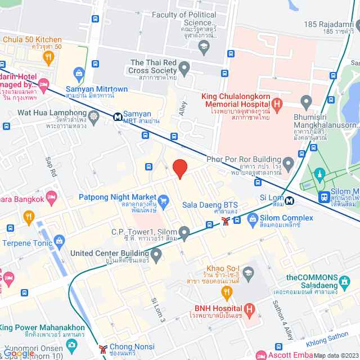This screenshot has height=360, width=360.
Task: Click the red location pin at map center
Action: pyautogui.click(x=179, y=168)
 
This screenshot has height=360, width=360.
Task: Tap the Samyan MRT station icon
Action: pyautogui.click(x=118, y=117)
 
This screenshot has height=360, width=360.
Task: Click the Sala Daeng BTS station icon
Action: pyautogui.click(x=225, y=220)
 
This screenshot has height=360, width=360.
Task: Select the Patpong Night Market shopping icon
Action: pyautogui.click(x=164, y=201)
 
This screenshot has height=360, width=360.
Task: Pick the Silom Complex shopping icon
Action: pyautogui.click(x=252, y=218)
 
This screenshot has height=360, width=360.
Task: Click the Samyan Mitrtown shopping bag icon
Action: pyautogui.click(x=79, y=73)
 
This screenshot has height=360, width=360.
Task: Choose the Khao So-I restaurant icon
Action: pyautogui.click(x=227, y=291)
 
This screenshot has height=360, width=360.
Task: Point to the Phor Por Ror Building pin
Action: pyautogui.click(x=289, y=165)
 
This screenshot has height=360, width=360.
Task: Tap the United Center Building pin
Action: pyautogui.click(x=156, y=255)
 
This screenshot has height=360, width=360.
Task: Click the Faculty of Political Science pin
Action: pyautogui.click(x=204, y=44)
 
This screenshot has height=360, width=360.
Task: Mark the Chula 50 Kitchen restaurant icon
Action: pyautogui.click(x=49, y=56)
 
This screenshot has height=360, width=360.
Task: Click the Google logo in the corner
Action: pyautogui.click(x=19, y=353)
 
